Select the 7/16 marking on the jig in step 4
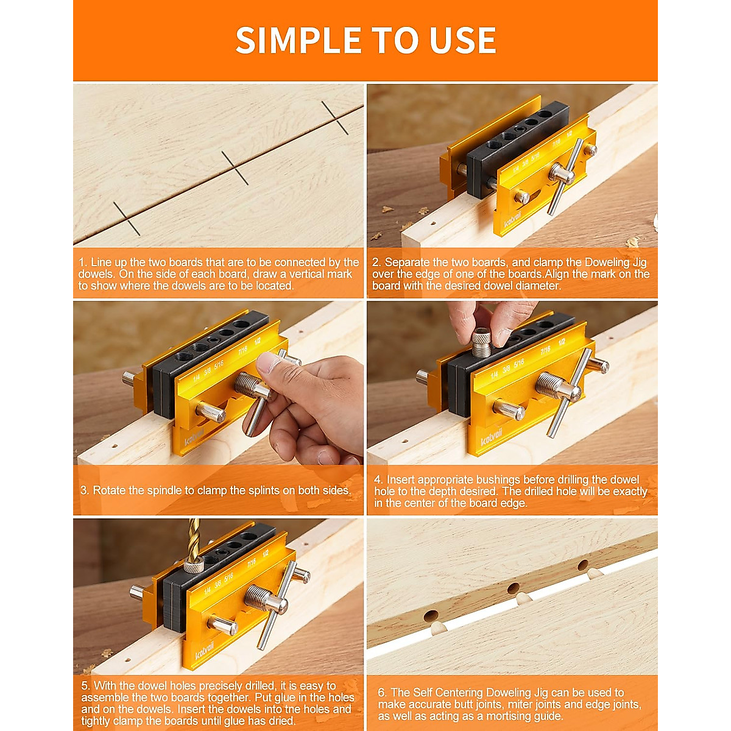click(x=545, y=350)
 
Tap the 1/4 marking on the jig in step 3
click(x=196, y=378)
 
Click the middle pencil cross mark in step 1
click(x=235, y=168)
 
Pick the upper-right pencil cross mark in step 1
click(x=335, y=118)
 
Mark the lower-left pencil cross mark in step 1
click(x=127, y=219)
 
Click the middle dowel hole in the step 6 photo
click(x=513, y=588)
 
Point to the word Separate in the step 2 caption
click(x=408, y=263)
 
